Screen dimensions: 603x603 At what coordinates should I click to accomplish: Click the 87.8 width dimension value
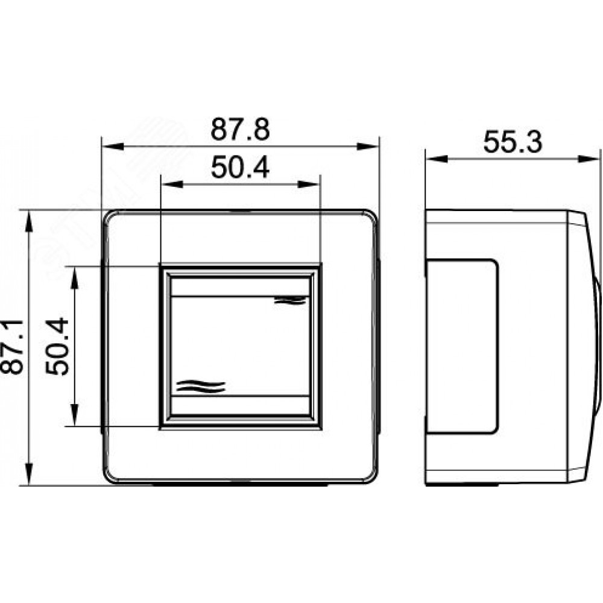point(241,129)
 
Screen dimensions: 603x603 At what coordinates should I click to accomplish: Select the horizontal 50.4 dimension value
point(241,168)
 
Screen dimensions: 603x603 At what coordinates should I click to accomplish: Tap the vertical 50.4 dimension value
point(57,346)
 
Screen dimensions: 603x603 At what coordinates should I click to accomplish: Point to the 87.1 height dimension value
point(12,347)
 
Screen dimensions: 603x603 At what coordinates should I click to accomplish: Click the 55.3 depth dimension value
point(513,142)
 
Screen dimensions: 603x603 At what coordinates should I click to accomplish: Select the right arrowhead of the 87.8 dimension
point(368,147)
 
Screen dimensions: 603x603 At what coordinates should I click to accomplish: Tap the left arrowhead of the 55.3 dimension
point(437,159)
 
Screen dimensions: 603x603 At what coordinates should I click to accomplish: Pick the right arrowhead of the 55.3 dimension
point(589,159)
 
